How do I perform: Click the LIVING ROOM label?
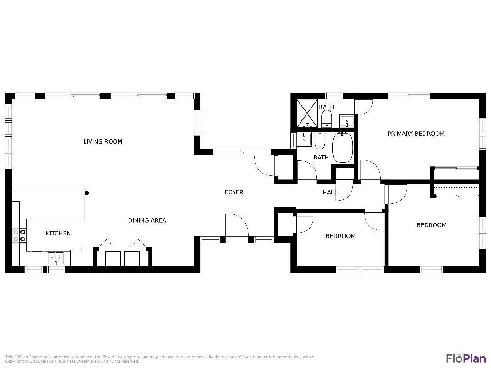103,142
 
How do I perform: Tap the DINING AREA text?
147,220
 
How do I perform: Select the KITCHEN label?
58,234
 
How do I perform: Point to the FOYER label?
234,193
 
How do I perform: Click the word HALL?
330,193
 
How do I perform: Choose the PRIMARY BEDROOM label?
416,134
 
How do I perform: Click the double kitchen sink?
55,258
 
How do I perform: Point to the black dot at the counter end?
86,193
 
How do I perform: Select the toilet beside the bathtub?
320,140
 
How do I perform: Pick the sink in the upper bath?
346,121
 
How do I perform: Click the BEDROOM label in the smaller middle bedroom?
340,236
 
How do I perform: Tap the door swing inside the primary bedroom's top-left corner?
364,106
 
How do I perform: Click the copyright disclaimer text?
159,359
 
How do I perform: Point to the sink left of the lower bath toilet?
304,139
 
